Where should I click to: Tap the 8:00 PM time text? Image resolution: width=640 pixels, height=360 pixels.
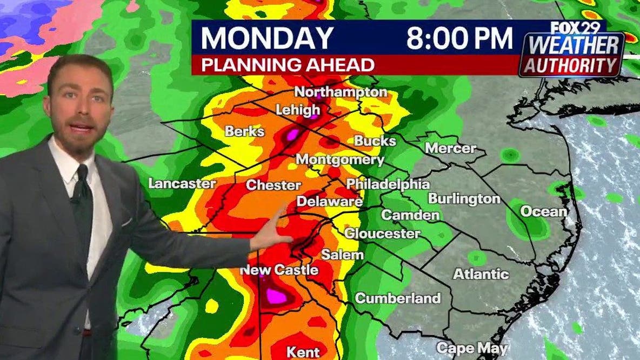coord(459,38)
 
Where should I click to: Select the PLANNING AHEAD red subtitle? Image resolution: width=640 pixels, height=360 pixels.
coord(288,64)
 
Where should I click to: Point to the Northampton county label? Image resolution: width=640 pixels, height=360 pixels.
coord(342,92)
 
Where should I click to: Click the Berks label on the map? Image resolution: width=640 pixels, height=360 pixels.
coord(244,131)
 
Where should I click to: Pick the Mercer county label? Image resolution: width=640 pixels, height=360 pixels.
coord(450,148)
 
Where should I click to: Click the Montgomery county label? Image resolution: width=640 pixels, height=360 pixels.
coord(340,160)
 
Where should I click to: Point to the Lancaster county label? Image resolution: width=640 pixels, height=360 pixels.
coord(182,183)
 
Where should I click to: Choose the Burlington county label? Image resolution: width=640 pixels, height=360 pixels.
coord(464,198)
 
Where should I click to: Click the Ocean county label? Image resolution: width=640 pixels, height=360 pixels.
coord(543,212)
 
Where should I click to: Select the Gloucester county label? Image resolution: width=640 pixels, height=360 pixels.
coord(382,234)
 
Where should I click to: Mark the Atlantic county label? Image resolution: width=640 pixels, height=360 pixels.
coord(481,274)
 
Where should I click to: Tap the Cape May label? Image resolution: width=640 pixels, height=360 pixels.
coord(464,347)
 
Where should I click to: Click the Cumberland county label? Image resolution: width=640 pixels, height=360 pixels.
coord(397,298)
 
